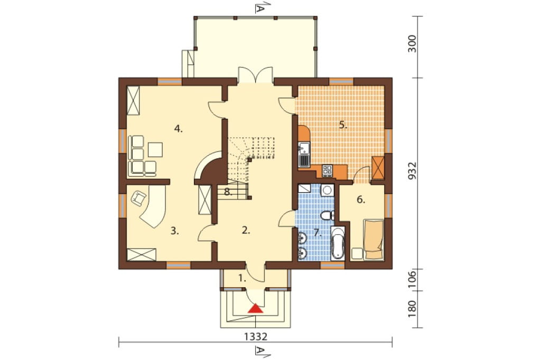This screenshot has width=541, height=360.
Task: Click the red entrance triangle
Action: [256, 308]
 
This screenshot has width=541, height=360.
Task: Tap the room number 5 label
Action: [342, 125]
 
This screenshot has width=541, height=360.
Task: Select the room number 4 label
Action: [178, 129]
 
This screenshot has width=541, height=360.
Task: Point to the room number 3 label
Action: [175, 231]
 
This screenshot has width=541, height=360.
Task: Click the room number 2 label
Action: [246, 231]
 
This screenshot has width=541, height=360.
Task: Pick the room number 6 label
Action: [361, 200]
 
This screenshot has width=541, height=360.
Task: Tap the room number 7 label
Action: [318, 233]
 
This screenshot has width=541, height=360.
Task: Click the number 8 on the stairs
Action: [228, 192]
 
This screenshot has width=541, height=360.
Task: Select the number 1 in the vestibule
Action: [242, 278]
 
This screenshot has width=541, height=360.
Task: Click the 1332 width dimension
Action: [256, 336]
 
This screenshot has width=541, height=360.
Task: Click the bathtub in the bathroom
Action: [338, 243]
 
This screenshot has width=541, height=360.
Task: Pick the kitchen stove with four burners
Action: [327, 169]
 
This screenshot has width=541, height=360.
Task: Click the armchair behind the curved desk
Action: [138, 198]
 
